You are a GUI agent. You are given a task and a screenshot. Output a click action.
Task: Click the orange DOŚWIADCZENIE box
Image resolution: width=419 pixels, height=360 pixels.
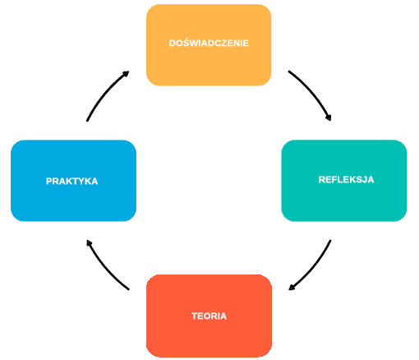point(209,45)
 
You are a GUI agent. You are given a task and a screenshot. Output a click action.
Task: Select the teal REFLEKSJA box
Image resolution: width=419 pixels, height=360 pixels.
point(344,181)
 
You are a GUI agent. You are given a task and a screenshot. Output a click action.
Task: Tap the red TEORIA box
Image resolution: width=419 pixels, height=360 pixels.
point(209,316)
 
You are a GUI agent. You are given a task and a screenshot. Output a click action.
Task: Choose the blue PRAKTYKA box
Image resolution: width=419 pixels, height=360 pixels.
point(73,181)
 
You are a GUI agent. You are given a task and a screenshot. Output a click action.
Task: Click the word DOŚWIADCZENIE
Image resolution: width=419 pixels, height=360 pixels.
point(209,43)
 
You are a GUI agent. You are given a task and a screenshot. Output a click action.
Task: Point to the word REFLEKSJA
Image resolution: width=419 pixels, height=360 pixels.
point(346,179)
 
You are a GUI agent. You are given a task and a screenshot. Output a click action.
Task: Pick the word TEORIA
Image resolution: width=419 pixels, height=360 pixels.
point(209,316)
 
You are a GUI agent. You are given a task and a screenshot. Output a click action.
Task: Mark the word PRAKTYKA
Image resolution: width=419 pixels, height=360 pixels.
point(71,181)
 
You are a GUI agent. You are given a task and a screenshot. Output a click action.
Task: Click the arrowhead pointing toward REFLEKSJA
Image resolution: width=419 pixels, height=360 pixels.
point(329,117)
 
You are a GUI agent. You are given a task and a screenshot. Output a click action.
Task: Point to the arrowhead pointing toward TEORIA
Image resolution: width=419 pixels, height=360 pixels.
point(292,287)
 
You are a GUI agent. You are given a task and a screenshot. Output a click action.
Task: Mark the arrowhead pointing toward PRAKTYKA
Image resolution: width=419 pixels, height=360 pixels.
point(89,243)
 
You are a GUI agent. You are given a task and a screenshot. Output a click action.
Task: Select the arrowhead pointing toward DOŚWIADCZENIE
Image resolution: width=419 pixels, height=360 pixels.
point(126,74)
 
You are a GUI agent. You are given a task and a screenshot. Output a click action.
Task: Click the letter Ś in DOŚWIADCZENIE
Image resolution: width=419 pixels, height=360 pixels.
point(187,43)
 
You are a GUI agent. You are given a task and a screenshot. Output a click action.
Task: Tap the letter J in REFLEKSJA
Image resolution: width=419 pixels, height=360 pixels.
point(364,180)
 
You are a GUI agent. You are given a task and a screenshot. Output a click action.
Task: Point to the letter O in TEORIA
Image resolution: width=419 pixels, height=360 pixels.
point(206,316)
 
